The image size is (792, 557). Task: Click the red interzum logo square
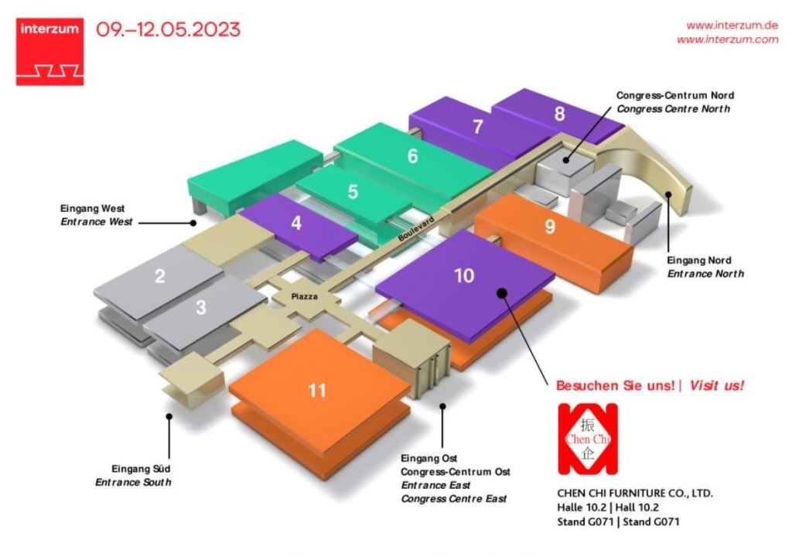click(49, 52)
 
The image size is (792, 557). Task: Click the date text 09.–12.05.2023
click(168, 29)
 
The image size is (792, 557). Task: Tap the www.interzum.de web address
click(732, 26)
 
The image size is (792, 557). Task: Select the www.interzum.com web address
click(727, 39)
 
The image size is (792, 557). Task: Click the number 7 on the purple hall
click(478, 127)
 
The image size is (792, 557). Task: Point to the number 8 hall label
click(559, 114)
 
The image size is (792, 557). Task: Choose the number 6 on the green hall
click(413, 155)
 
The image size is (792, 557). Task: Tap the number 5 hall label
click(353, 192)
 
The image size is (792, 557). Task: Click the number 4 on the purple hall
click(296, 222)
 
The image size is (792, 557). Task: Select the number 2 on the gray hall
click(159, 276)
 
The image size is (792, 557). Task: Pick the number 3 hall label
click(201, 307)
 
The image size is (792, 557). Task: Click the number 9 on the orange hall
click(550, 227)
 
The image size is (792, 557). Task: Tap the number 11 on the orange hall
click(317, 390)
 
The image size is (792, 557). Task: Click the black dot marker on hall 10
click(501, 292)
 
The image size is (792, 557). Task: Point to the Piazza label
click(305, 297)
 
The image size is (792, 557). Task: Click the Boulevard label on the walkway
click(416, 229)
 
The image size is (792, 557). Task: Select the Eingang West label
click(93, 208)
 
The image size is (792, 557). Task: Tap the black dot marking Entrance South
click(169, 416)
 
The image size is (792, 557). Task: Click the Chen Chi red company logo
click(588, 439)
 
